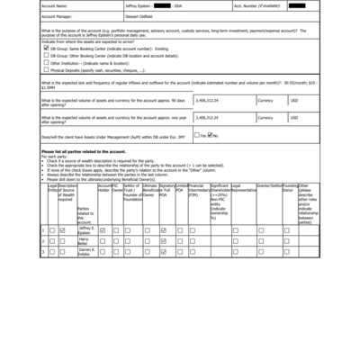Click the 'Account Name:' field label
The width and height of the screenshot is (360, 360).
[x=55, y=5]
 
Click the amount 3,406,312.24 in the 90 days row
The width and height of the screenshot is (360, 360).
[x=208, y=101]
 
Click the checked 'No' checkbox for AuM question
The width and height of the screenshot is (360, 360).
[x=209, y=135]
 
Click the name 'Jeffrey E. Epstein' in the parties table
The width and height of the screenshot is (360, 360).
[x=86, y=230]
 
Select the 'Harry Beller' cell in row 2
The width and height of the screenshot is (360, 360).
[x=86, y=242]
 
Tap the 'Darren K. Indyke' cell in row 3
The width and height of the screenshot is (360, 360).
[x=86, y=253]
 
